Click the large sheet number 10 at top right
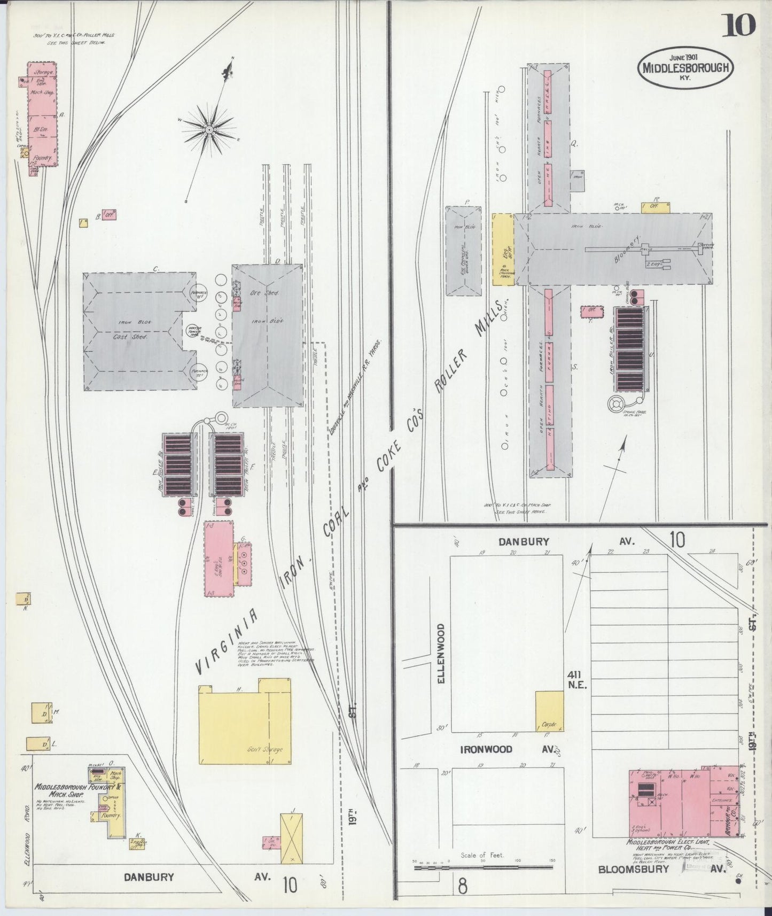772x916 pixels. click(739, 25)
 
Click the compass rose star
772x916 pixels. click(209, 129)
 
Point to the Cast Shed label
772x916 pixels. click(130, 337)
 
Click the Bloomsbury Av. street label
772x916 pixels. click(633, 870)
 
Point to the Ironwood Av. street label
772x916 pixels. click(486, 750)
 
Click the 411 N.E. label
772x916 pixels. click(578, 680)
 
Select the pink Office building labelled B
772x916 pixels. click(110, 215)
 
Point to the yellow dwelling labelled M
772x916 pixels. click(42, 713)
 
